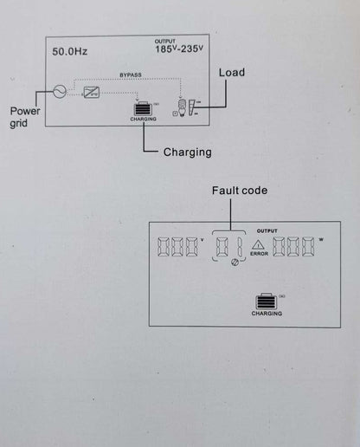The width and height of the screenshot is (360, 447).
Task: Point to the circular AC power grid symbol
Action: point(60,92)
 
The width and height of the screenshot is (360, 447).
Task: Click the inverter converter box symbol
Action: point(91,93)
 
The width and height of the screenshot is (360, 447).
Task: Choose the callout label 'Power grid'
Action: point(25,117)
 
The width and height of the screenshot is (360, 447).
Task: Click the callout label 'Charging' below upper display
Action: point(188,152)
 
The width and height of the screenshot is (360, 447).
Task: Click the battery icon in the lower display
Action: point(267,301)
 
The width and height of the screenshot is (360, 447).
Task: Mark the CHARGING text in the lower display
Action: point(267,314)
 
